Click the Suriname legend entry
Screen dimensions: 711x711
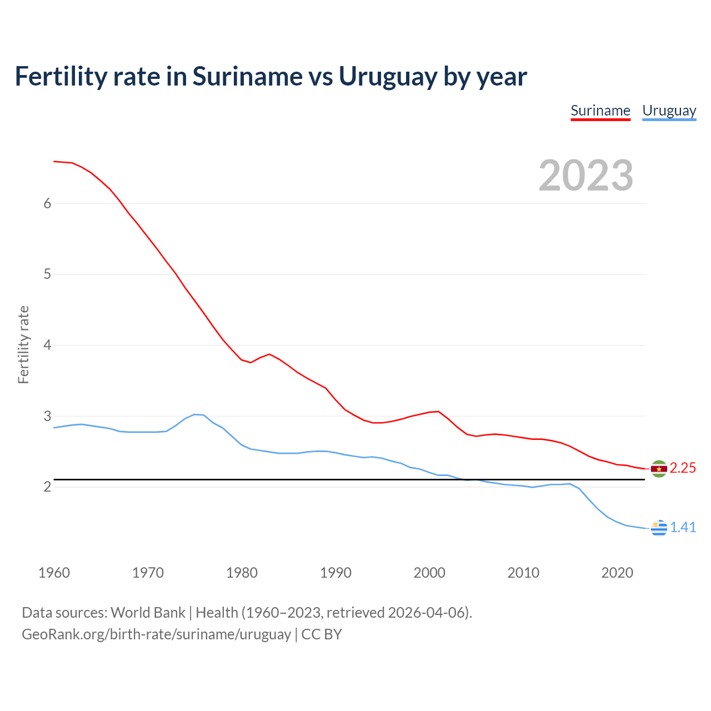(600, 111)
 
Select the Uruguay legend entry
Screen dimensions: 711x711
(669, 111)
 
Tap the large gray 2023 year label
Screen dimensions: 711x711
(586, 176)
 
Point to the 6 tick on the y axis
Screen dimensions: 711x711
(47, 203)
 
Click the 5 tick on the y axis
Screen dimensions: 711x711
(47, 274)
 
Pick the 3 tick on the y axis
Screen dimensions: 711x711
(47, 416)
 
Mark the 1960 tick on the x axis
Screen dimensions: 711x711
(54, 573)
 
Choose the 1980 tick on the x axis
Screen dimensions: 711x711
(242, 573)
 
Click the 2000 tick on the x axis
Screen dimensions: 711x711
(429, 573)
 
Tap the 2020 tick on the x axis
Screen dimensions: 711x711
(617, 573)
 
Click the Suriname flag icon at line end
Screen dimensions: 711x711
(659, 469)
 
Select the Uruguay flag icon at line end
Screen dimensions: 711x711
(659, 528)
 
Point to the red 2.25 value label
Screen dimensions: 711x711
(683, 468)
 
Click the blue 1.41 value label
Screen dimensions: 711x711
(683, 527)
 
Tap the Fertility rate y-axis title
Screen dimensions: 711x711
(23, 344)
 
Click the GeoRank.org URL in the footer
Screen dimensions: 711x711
(156, 634)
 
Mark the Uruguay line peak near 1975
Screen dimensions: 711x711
(194, 414)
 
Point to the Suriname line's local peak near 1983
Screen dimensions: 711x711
(269, 354)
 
